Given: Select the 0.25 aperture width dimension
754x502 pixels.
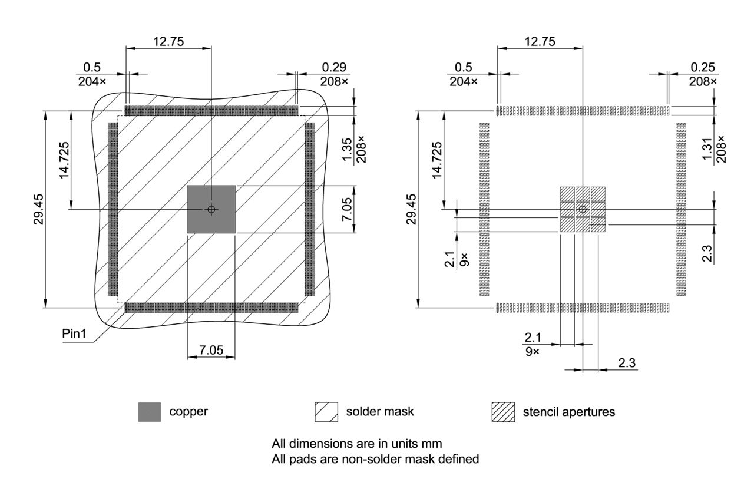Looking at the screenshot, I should [702, 67].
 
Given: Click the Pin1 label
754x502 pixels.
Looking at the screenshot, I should [74, 334].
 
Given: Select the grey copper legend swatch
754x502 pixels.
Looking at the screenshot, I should [150, 412].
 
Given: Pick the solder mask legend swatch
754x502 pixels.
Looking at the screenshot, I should [326, 412].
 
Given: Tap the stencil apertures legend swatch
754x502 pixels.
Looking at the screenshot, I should [503, 412].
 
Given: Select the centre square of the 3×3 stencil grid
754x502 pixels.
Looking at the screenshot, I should [583, 210].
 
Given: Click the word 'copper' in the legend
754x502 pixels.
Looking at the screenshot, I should [188, 412].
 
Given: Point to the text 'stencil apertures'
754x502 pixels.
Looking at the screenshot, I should [568, 412].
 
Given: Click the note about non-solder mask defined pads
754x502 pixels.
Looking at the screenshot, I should [375, 458].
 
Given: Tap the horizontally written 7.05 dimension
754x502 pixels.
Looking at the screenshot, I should [211, 351].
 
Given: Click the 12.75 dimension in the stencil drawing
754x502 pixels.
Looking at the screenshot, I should [540, 41].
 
